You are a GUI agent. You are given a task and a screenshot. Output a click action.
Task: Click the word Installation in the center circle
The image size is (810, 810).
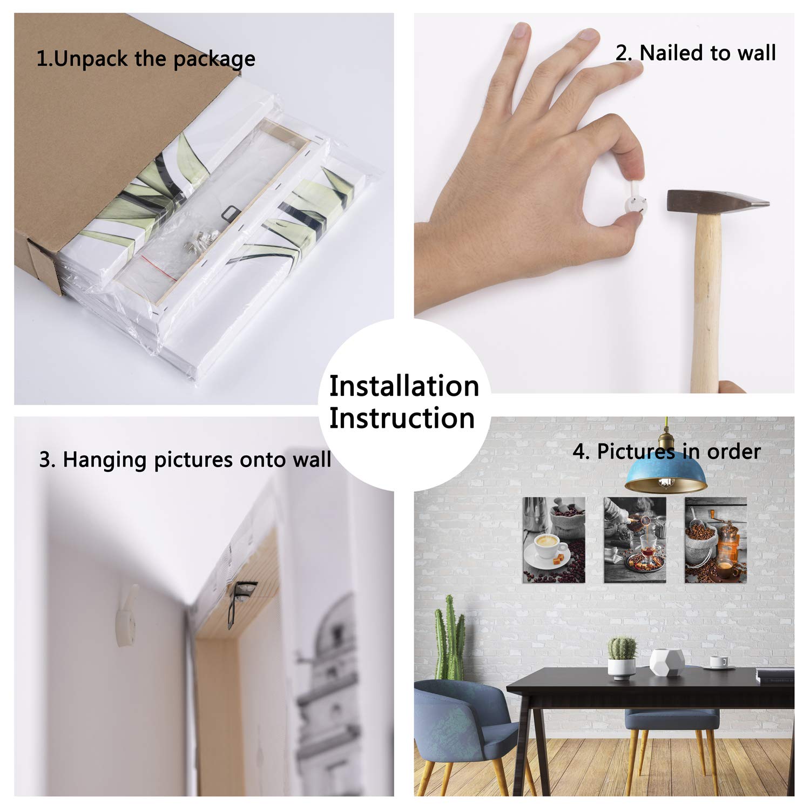click(x=404, y=387)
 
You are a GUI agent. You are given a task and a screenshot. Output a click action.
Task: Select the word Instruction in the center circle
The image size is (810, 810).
click(x=402, y=418)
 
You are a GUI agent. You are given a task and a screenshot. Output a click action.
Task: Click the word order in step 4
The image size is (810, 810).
click(x=734, y=451)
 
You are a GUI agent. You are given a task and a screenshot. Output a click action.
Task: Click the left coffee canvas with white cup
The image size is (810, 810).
click(x=554, y=540)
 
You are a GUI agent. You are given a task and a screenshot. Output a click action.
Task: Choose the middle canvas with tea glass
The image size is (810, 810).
click(x=634, y=540)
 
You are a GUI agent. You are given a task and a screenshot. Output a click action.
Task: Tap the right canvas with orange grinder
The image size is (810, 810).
click(x=716, y=540)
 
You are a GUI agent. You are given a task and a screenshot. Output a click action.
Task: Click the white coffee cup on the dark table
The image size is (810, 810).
click(x=719, y=662)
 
